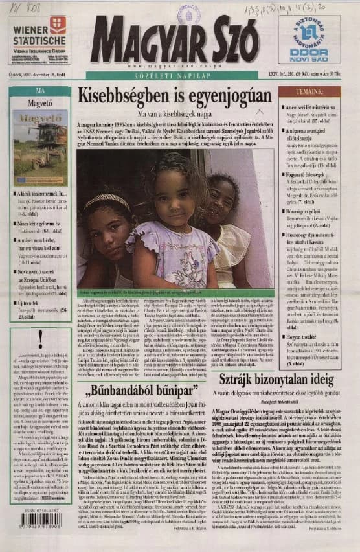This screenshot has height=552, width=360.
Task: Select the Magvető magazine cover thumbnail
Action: click(40, 146)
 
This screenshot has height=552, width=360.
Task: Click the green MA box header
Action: click(40, 91)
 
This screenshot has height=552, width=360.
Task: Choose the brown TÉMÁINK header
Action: click(309, 92)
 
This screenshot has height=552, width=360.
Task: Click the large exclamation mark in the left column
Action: click(40, 335)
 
